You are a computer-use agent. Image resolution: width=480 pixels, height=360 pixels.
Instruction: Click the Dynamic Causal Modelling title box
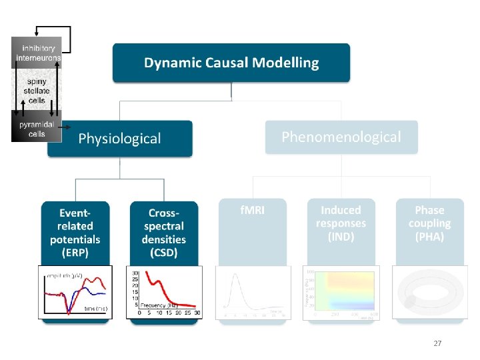click(x=231, y=63)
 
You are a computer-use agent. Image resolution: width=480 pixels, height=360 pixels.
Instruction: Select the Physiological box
click(x=120, y=139)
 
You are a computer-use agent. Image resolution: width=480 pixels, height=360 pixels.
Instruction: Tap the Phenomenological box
click(x=341, y=137)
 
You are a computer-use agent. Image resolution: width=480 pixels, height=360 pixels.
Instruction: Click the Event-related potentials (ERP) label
click(x=75, y=232)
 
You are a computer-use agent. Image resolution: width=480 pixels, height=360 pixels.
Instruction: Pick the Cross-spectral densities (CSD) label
click(x=163, y=232)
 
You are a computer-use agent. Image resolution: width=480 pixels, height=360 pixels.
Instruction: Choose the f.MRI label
click(x=253, y=210)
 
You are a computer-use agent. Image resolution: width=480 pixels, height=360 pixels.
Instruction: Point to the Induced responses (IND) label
click(x=341, y=223)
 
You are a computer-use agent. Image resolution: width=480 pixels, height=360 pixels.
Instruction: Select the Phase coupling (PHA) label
click(x=429, y=223)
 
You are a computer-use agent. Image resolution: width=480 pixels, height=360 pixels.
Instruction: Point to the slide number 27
click(x=437, y=343)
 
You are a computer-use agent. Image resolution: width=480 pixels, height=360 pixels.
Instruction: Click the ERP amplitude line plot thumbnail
click(x=75, y=292)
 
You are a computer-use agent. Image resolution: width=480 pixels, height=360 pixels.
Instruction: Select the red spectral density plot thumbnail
click(x=166, y=292)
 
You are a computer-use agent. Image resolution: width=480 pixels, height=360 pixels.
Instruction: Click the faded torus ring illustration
click(x=429, y=292)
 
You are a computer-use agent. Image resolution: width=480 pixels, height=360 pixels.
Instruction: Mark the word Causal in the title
click(x=231, y=63)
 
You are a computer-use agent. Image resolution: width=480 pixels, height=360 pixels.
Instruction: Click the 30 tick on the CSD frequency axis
click(x=197, y=312)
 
